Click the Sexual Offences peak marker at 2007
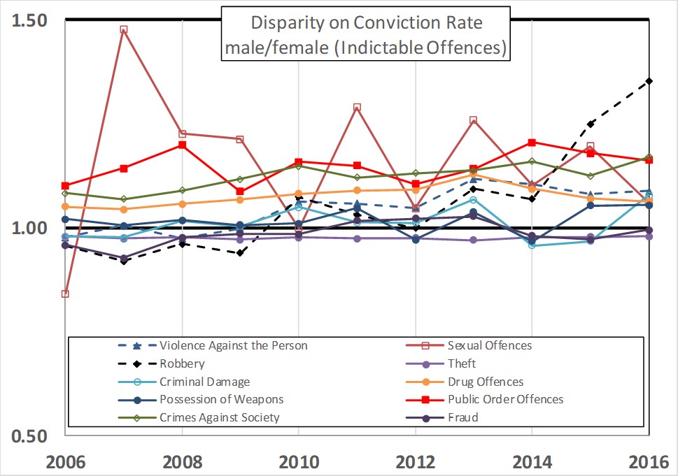[x=124, y=30]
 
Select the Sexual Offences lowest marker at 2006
[x=65, y=294]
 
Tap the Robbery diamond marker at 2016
[x=649, y=81]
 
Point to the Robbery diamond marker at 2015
[x=591, y=124]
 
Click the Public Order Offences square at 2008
[x=182, y=145]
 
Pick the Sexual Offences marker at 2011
[x=357, y=108]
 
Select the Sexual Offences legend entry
[x=489, y=345]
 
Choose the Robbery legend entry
[x=182, y=363]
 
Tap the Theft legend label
[x=462, y=363]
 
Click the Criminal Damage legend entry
[x=204, y=382]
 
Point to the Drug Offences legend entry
[x=485, y=382]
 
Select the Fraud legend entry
[x=462, y=418]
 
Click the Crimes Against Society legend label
[x=219, y=418]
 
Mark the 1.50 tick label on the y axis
[x=29, y=20]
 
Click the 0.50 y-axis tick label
[x=29, y=435]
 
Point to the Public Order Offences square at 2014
[x=532, y=143]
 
